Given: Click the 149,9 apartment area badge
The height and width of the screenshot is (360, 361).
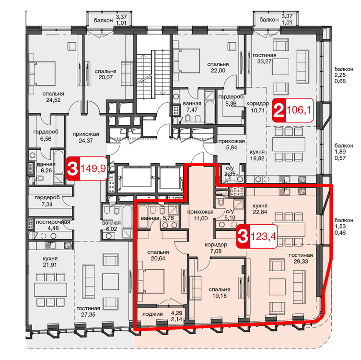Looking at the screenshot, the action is pos(87,168).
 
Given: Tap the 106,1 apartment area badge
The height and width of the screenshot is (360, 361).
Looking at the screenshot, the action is pos(293,110).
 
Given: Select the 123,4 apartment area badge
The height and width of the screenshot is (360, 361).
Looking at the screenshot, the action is pos(257,236).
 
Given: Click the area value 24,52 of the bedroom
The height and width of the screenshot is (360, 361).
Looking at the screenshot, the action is pos(53,100).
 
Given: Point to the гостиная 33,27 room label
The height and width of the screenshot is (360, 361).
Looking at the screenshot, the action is pos(265,58).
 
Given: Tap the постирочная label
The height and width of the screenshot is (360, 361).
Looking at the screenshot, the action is pos(53,222).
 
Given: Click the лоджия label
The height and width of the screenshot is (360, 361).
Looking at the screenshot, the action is pos(152,314).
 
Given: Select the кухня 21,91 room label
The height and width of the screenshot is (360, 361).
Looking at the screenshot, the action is pos(50,262).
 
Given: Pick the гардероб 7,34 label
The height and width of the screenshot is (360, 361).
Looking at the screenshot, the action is pos(47,201).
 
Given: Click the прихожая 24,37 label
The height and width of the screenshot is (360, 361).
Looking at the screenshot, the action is pos(86,137).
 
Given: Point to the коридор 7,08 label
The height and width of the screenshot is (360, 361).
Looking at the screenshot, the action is pos(216,248).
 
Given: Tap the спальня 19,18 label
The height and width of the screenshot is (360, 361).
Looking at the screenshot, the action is pos(220,292).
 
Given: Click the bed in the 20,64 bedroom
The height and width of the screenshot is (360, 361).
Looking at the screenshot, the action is pos(151,281).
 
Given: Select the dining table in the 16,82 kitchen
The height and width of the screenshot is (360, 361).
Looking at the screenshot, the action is pos(289,144).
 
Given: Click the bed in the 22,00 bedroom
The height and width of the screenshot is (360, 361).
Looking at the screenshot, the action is pos(186,60).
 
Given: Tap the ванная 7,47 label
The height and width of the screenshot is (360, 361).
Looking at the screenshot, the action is pos(192,107).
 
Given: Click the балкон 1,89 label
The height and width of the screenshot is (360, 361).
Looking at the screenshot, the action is pos(344,152).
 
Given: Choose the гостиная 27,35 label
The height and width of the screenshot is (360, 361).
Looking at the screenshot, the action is pos(88,312).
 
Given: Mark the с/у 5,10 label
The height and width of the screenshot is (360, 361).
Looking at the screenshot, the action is pos(230,214).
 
